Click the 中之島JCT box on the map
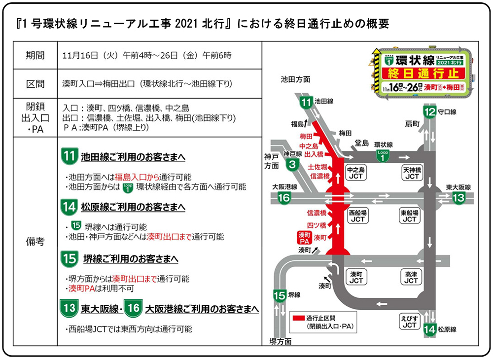356,172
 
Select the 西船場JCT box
356,216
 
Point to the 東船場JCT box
410,216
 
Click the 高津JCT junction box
411,277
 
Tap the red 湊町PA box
304,238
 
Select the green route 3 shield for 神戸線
293,164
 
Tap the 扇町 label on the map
412,123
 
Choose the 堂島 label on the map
362,143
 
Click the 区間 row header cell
35,83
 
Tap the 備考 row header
35,242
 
